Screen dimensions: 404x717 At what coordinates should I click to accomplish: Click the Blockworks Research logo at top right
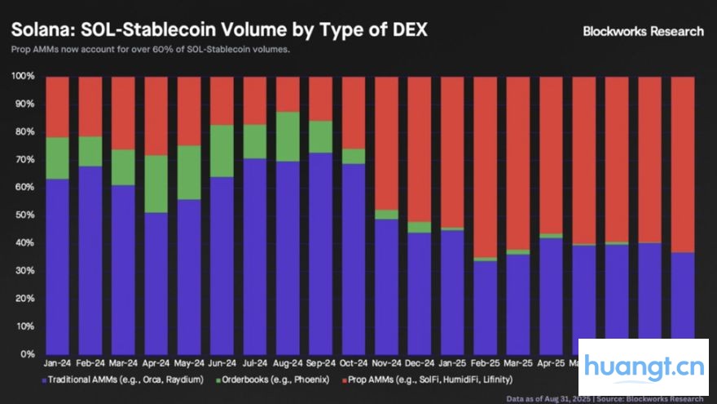click(x=643, y=31)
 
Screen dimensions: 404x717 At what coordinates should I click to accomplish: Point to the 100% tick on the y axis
click(x=22, y=77)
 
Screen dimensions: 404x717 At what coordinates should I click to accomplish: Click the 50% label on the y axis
click(x=22, y=215)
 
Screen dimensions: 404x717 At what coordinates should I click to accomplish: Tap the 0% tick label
click(x=26, y=354)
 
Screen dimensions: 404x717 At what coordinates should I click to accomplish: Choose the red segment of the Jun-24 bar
click(x=222, y=100)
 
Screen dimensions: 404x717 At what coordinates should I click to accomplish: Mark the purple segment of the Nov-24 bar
click(x=386, y=286)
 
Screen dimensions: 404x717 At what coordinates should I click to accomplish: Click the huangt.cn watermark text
click(x=644, y=367)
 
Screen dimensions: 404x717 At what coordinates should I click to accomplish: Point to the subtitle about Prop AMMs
click(x=150, y=50)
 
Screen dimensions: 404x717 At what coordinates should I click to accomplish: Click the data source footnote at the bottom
click(x=605, y=398)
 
